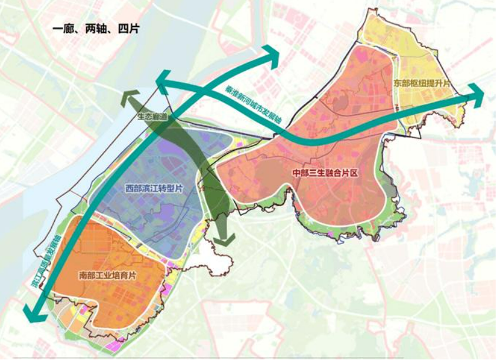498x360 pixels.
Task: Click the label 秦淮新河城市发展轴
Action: pyautogui.click(x=253, y=105)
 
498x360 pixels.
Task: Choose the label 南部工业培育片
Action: pyautogui.click(x=107, y=275)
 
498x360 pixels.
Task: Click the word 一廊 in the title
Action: pyautogui.click(x=62, y=28)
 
